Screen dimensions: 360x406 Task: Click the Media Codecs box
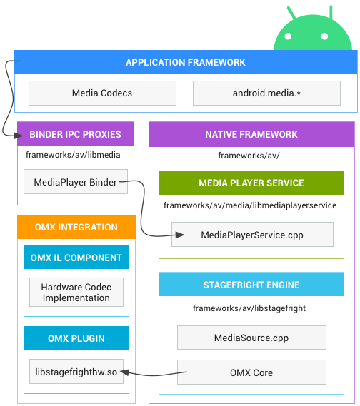(102, 93)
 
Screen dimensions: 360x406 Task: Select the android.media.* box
(266, 93)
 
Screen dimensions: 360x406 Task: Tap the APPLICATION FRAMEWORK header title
(186, 62)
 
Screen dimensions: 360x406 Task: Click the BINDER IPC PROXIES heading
(75, 134)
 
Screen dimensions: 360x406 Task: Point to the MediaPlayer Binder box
(76, 182)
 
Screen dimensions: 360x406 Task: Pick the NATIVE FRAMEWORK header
(251, 134)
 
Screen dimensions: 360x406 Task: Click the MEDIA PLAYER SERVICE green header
(251, 183)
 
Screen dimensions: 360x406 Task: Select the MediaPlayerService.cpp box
(252, 235)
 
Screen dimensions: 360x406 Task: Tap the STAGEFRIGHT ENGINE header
(251, 284)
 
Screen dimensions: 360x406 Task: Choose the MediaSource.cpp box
(251, 338)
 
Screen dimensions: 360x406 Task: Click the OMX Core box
(251, 372)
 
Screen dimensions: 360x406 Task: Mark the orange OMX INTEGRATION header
(76, 227)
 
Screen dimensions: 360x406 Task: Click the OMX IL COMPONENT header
(76, 257)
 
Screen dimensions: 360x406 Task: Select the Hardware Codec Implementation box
(76, 293)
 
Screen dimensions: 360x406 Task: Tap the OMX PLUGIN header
(76, 338)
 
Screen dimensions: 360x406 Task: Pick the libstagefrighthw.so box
(76, 372)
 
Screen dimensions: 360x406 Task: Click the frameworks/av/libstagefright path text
(249, 308)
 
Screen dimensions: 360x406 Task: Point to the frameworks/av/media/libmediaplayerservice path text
(250, 205)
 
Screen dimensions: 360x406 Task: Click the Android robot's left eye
(288, 36)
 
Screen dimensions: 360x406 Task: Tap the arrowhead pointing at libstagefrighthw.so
(124, 372)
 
